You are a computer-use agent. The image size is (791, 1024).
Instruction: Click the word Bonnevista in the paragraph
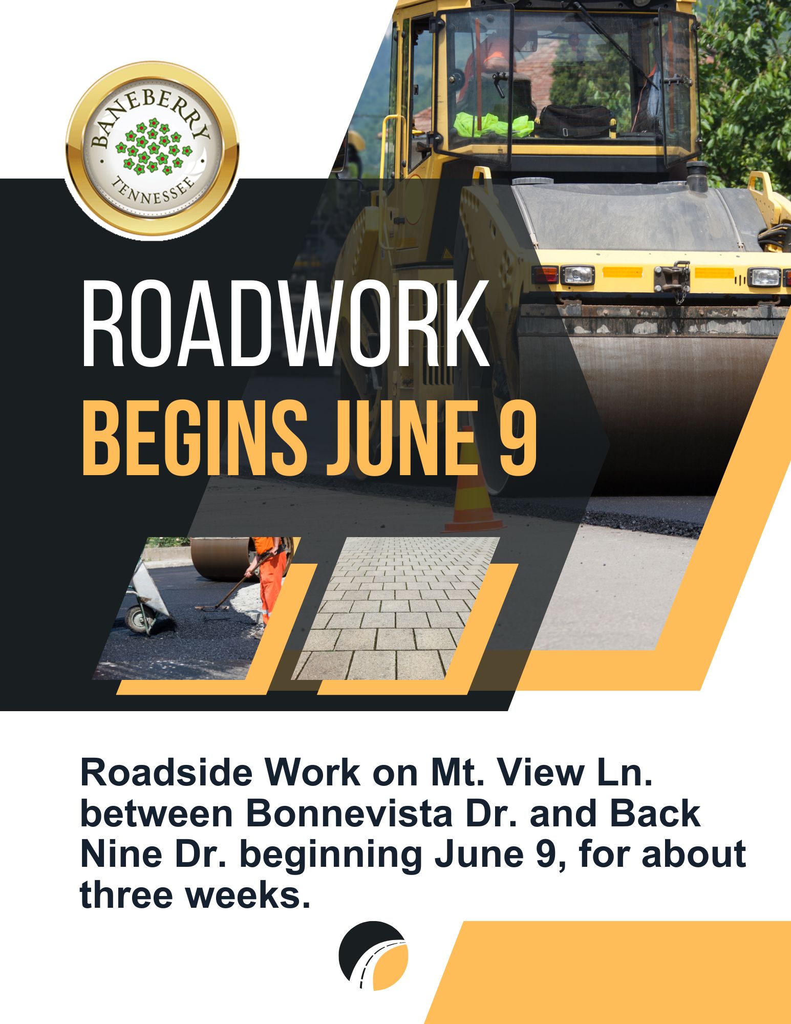pyautogui.click(x=350, y=814)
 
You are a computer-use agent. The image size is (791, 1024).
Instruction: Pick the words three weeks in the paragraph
pyautogui.click(x=195, y=895)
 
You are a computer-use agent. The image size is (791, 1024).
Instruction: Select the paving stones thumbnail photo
pyautogui.click(x=395, y=608)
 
